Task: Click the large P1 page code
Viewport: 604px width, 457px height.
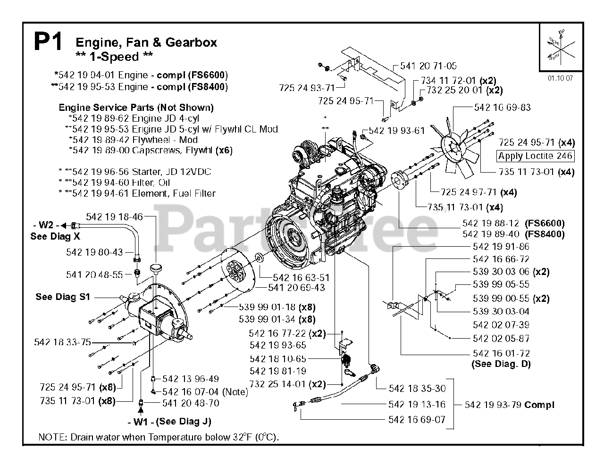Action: [48, 42]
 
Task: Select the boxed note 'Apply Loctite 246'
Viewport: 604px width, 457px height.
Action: [535, 156]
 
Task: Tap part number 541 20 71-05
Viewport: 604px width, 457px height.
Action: [428, 66]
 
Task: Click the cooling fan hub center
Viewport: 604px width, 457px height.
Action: [455, 146]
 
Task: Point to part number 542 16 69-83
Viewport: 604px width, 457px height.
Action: [502, 108]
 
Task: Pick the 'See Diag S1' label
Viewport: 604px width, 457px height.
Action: [62, 297]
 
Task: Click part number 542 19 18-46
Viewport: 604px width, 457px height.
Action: [114, 217]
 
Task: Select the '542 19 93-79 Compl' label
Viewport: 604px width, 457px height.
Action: [509, 405]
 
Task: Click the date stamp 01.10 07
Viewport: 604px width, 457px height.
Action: [560, 78]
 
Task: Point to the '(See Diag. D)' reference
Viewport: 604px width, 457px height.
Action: [501, 364]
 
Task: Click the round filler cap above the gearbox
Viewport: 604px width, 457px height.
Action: [156, 269]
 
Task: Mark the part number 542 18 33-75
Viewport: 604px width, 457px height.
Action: [62, 342]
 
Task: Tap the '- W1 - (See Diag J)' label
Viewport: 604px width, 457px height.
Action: [169, 422]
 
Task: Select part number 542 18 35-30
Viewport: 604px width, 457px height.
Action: [417, 389]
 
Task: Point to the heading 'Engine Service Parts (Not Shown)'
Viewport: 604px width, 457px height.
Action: [136, 108]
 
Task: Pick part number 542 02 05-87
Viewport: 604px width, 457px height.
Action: [501, 339]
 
